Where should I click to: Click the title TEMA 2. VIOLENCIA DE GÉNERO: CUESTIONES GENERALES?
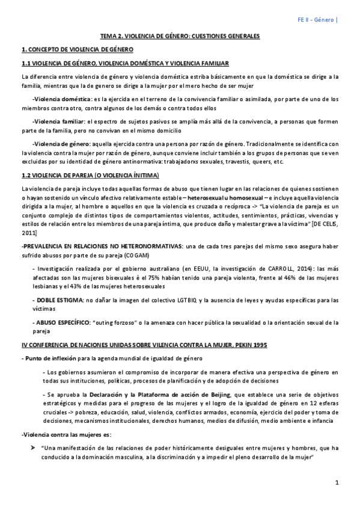[180, 36]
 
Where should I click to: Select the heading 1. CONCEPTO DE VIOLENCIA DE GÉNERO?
[77, 49]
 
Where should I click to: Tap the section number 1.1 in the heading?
[26, 63]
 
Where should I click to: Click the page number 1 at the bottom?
[337, 483]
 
